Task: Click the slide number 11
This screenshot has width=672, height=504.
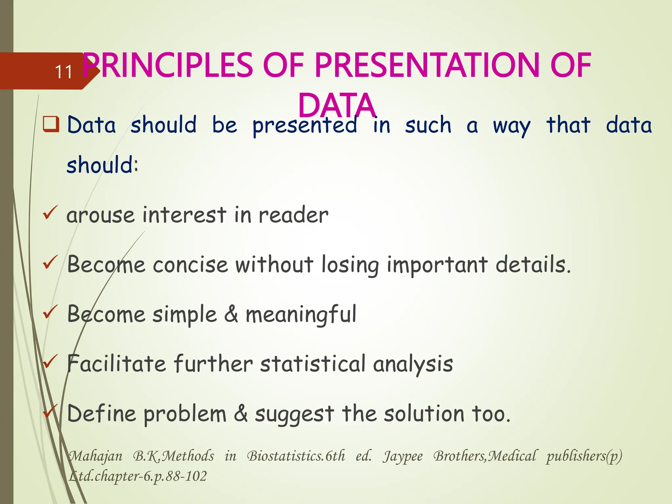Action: (64, 72)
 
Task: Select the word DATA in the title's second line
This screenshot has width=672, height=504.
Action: (337, 106)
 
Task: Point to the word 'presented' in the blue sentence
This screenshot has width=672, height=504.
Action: (305, 126)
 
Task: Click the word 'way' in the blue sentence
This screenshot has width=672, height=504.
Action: (511, 126)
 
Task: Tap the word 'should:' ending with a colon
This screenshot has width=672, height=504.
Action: (103, 165)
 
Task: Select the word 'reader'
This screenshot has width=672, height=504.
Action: (293, 215)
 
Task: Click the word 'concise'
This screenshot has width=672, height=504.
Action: (190, 265)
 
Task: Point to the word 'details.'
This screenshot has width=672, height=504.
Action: (533, 264)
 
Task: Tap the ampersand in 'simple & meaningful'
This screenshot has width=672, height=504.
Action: (231, 314)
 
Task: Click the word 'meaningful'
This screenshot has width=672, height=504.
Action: (301, 314)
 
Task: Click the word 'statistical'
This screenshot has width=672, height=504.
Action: (312, 364)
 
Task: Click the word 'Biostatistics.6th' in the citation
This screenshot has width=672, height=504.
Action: (296, 456)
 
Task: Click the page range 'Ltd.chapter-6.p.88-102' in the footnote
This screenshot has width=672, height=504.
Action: (138, 476)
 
